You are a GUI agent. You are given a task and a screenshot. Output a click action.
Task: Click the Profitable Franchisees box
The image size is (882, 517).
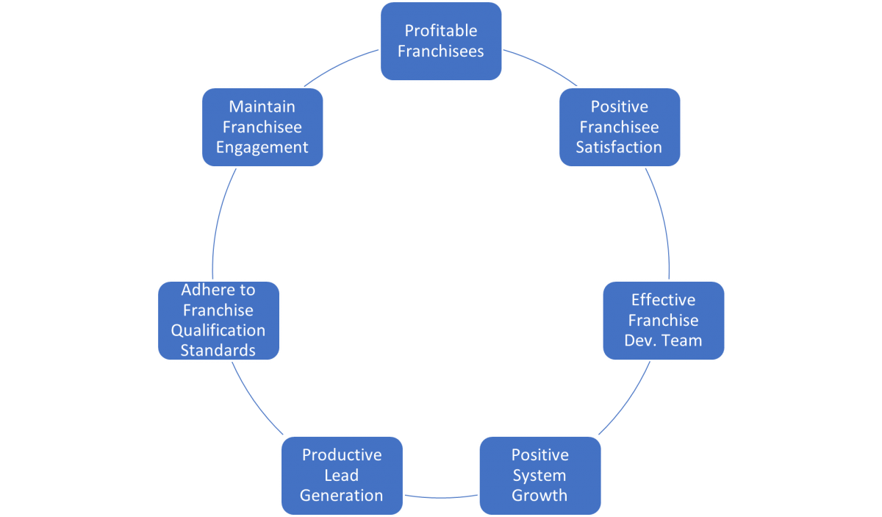441,41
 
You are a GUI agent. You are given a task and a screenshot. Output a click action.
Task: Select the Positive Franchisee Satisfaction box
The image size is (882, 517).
619,127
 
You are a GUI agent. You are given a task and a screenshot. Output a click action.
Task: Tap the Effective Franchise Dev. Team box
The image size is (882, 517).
663,321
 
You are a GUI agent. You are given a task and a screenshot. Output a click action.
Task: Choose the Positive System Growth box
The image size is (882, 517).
540,475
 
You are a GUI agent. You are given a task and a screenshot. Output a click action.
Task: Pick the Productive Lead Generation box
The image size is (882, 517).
342,475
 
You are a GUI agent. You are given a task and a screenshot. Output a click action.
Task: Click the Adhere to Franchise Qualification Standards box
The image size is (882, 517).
218,320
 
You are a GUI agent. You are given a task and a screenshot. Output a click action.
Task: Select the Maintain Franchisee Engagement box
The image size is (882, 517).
262,127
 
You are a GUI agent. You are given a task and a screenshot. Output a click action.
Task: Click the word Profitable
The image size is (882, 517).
441,31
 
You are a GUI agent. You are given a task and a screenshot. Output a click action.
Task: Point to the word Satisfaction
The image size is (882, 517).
619,147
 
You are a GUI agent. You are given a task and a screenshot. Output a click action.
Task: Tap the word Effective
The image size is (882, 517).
663,300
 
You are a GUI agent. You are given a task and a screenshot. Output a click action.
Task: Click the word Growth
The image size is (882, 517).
540,495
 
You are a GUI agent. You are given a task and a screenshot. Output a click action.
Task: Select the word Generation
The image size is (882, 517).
342,495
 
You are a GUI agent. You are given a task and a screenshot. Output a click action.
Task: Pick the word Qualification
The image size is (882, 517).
218,330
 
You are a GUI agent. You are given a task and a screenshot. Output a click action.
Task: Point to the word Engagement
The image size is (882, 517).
262,147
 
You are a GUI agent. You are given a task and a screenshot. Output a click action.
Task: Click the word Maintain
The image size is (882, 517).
262,107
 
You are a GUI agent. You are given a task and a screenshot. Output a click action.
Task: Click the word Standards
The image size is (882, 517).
218,350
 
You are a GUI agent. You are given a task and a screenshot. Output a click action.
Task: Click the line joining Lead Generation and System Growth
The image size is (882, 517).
441,496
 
